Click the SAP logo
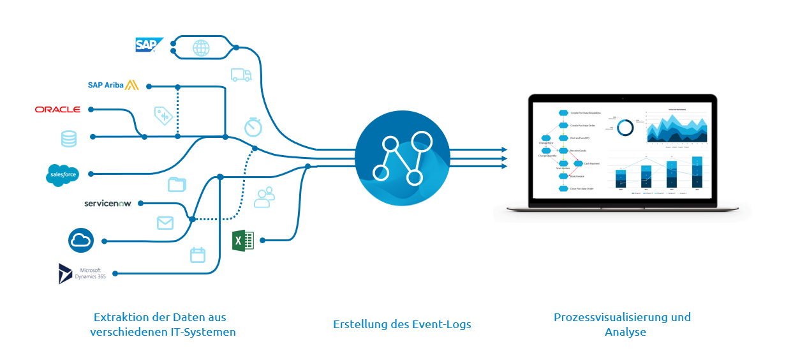(x=149, y=45)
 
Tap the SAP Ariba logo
(x=113, y=85)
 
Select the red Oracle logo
(x=57, y=110)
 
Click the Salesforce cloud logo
(x=62, y=174)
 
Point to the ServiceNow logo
(x=107, y=203)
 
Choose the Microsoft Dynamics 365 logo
(x=82, y=273)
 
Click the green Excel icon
(x=242, y=240)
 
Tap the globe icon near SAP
(x=201, y=48)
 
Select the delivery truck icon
(x=241, y=75)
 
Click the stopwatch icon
(x=253, y=126)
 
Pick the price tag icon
(x=163, y=116)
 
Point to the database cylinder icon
(x=68, y=139)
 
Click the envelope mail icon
(x=165, y=223)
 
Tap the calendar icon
(x=198, y=255)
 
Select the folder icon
(x=177, y=185)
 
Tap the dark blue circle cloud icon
(x=81, y=241)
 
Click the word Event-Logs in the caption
(x=441, y=324)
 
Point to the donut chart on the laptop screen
(x=625, y=128)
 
